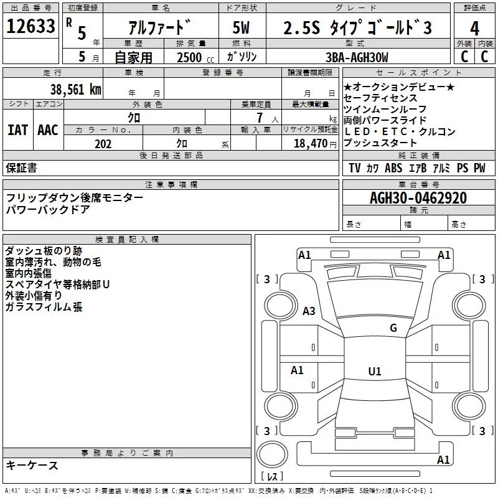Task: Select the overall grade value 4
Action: pyautogui.click(x=474, y=28)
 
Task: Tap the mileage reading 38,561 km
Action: pyautogui.click(x=75, y=89)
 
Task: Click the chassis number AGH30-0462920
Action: pyautogui.click(x=418, y=198)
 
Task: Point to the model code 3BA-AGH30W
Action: pyautogui.click(x=357, y=57)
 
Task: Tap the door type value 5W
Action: pyautogui.click(x=242, y=28)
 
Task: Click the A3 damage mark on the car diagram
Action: pyautogui.click(x=308, y=311)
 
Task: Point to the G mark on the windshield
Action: pyautogui.click(x=393, y=328)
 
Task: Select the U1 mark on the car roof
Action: pyautogui.click(x=374, y=372)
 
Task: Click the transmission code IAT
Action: pyautogui.click(x=17, y=130)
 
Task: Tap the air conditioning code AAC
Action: pyautogui.click(x=47, y=130)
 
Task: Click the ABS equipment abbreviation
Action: pyautogui.click(x=393, y=169)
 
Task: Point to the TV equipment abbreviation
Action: pyautogui.click(x=355, y=169)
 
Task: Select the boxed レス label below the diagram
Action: pyautogui.click(x=272, y=477)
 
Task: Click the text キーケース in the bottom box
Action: pyautogui.click(x=32, y=465)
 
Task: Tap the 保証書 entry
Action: pyautogui.click(x=21, y=168)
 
